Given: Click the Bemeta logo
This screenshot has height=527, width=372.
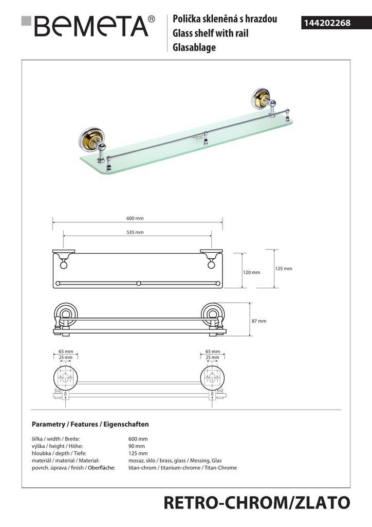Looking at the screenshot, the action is tap(88, 26).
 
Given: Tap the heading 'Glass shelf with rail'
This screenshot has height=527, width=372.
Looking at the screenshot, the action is tap(210, 33).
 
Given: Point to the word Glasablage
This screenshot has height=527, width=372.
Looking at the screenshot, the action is tap(194, 47).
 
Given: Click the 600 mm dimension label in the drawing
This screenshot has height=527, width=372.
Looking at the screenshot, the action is tap(135, 218).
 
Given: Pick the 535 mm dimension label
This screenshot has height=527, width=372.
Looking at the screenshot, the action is tap(135, 232).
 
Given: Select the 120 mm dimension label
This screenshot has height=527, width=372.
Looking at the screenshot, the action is tap(252, 272).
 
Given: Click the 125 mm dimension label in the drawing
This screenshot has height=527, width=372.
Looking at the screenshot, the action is tap(284, 269).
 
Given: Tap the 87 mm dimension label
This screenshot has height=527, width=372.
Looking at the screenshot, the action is tap(259, 321).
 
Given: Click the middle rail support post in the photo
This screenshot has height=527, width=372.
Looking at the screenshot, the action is tap(206, 138).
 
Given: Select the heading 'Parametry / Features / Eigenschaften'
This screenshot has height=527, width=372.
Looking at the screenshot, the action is tap(90, 424).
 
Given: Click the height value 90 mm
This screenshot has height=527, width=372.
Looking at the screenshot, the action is tap(137, 446).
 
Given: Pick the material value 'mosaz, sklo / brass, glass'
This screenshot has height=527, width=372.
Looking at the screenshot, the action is tap(157, 461).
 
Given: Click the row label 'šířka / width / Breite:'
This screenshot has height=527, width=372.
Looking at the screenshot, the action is tap(55, 438).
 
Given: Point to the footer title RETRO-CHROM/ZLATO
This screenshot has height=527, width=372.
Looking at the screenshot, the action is tap(257, 503).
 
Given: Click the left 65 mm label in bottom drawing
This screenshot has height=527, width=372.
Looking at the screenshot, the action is tap(66, 352).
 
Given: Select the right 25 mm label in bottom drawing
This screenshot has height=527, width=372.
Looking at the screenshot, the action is tap(212, 357).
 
